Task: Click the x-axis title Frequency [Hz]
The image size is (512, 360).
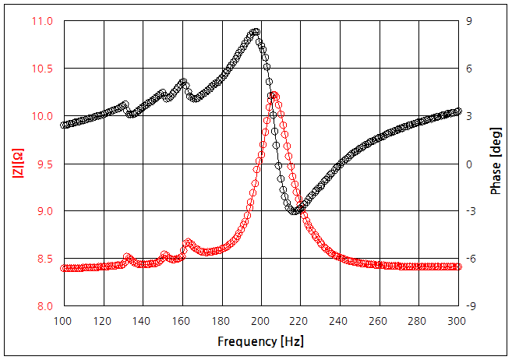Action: click(x=260, y=341)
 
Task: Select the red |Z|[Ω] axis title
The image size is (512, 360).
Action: click(x=16, y=163)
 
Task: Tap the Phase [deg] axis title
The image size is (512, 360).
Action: click(x=496, y=163)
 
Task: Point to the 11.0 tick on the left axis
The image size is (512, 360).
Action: click(x=43, y=21)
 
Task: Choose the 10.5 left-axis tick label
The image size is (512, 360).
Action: click(x=43, y=69)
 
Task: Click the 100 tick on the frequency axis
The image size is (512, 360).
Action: click(x=63, y=320)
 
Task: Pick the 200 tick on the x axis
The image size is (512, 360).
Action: click(x=260, y=320)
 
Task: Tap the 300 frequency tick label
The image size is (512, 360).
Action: click(x=457, y=320)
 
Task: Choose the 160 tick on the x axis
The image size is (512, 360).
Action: click(x=182, y=320)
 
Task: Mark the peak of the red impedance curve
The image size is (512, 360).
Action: click(x=273, y=95)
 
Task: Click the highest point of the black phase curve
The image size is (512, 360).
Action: click(x=255, y=32)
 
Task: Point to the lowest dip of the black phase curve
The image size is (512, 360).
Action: click(x=294, y=211)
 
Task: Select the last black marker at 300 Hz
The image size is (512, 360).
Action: click(x=457, y=111)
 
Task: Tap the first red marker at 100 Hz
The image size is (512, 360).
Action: click(x=64, y=268)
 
